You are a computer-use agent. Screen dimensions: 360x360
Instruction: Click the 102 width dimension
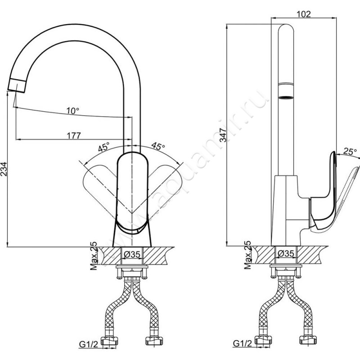pyautogui.click(x=303, y=14)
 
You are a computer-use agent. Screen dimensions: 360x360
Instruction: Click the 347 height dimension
pyautogui.click(x=223, y=135)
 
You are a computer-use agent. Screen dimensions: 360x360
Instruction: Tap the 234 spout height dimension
pyautogui.click(x=4, y=169)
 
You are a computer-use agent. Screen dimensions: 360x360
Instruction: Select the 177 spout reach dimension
pyautogui.click(x=74, y=135)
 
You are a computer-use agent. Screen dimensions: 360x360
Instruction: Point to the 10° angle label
pyautogui.click(x=73, y=111)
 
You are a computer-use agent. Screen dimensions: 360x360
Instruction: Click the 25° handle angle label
pyautogui.click(x=350, y=151)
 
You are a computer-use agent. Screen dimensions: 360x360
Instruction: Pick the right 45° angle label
pyautogui.click(x=158, y=146)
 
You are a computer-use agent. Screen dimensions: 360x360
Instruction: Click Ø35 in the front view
pyautogui.click(x=132, y=254)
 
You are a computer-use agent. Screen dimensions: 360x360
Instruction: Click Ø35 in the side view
pyautogui.click(x=286, y=253)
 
